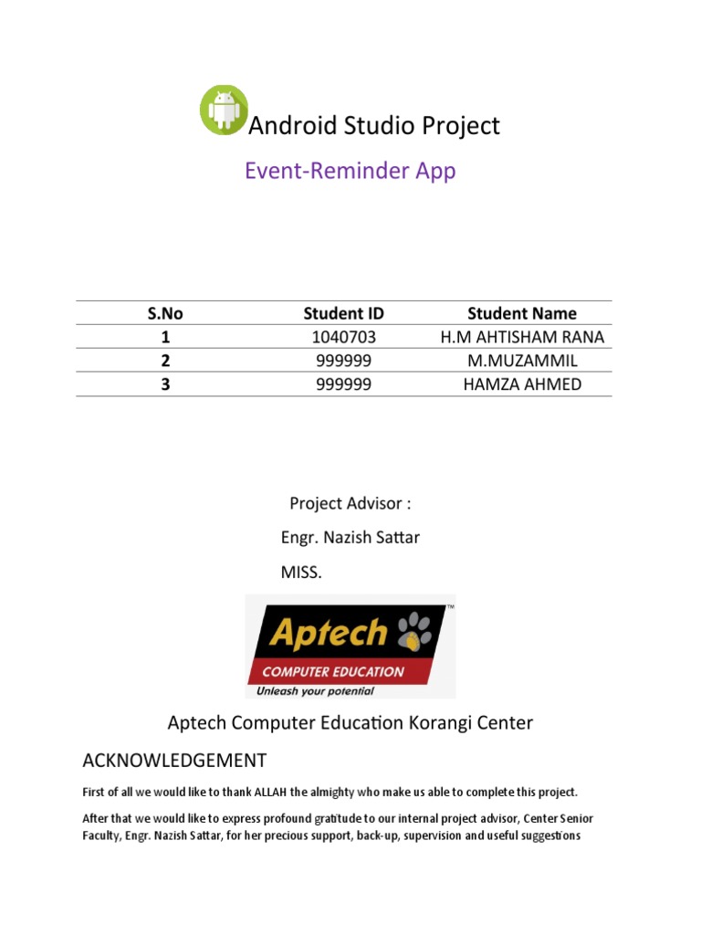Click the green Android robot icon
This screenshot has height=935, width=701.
point(224,110)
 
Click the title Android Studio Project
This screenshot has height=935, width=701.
point(374,126)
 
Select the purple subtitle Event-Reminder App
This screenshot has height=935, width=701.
point(350,171)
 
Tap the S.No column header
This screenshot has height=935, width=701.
point(165,313)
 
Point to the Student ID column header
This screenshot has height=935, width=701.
point(343,313)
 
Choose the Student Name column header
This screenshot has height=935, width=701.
point(522,313)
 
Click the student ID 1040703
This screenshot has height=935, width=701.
point(343,337)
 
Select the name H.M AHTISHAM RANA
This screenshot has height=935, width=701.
point(522,337)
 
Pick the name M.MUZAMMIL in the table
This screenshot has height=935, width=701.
point(522,361)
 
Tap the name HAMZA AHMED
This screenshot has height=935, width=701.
point(522,384)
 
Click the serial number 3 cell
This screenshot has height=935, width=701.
point(165,384)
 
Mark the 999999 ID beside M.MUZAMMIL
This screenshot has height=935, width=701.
point(343,361)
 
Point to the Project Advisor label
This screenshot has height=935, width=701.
point(350,503)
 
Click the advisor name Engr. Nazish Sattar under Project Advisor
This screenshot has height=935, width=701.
point(350,538)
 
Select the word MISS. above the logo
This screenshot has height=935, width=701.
point(301,573)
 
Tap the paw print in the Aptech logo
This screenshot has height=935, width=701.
point(420,630)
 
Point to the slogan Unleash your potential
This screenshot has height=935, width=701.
point(315,691)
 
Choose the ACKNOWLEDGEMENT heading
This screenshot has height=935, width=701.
point(174,760)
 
